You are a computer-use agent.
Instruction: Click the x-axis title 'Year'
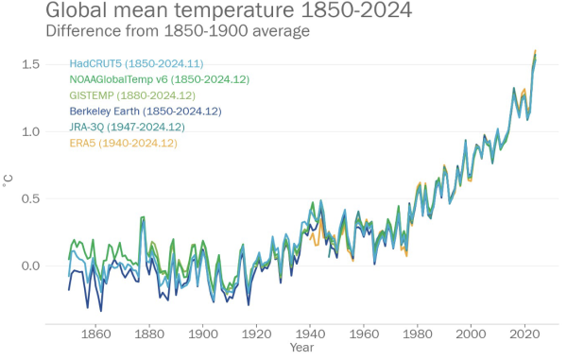(302, 349)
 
